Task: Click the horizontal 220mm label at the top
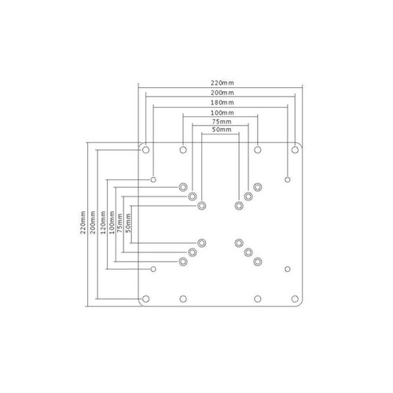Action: click(x=221, y=82)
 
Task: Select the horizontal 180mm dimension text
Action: click(x=221, y=102)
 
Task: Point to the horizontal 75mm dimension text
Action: click(x=221, y=123)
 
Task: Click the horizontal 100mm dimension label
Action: click(x=221, y=113)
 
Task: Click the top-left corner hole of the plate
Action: click(x=145, y=149)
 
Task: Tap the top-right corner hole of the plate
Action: click(x=296, y=149)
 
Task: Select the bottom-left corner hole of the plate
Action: click(x=145, y=299)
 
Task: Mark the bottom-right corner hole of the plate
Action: click(x=296, y=299)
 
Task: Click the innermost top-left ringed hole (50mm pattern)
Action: click(x=202, y=205)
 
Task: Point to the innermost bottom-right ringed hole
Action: click(x=239, y=242)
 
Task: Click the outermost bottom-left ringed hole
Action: click(x=183, y=261)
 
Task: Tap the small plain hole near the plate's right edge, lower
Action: click(x=285, y=269)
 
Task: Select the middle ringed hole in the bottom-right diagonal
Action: click(x=248, y=252)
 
